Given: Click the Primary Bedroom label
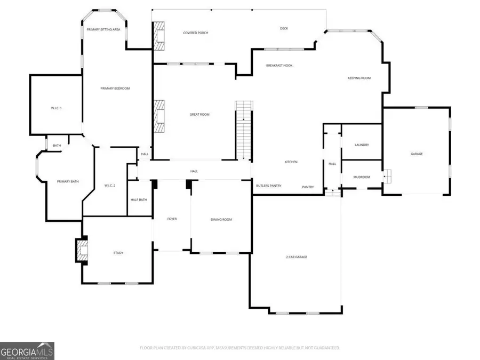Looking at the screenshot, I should coord(115,89).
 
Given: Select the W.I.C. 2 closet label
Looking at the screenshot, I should coord(110,185).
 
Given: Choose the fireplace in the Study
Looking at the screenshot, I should coord(82,250).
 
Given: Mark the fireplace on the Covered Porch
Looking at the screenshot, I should coord(159,36).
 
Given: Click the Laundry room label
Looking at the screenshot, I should coord(362,145).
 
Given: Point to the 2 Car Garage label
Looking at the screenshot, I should coord(296,257).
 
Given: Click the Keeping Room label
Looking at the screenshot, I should coord(359,78).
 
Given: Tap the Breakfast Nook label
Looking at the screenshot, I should coord(279,66).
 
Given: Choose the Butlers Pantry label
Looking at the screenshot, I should coord(269,186).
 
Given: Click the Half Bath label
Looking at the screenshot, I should coord(139,200).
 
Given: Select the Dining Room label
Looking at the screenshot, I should coord(221,219).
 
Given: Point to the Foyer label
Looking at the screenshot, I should coord(172,219).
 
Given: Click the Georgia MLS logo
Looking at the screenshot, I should coord(27,351).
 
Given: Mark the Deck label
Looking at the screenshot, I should coord(284,28).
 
